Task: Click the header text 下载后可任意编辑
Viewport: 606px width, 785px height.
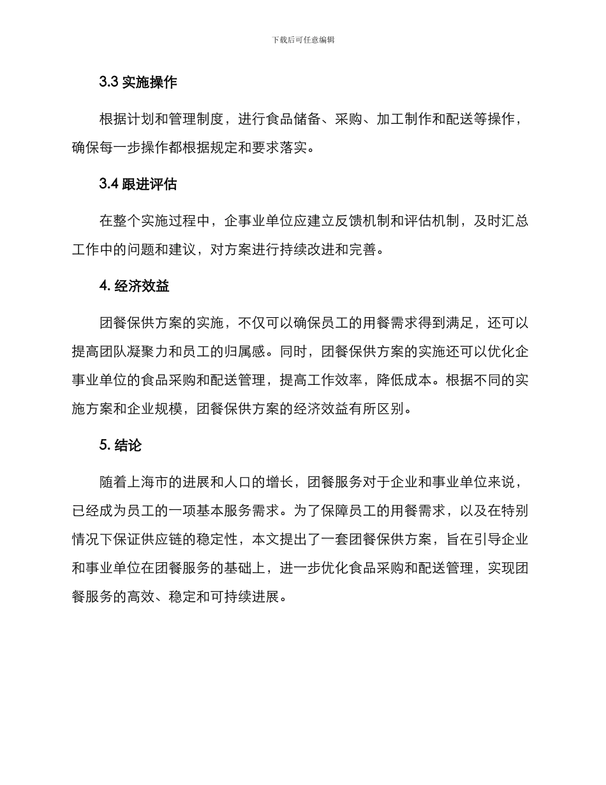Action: (x=303, y=40)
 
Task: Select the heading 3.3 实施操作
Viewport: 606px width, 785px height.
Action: (x=138, y=82)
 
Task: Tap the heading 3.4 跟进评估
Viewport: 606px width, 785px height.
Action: (x=138, y=184)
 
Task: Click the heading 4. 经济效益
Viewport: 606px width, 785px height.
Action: (x=134, y=287)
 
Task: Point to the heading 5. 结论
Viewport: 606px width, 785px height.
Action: (x=120, y=446)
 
